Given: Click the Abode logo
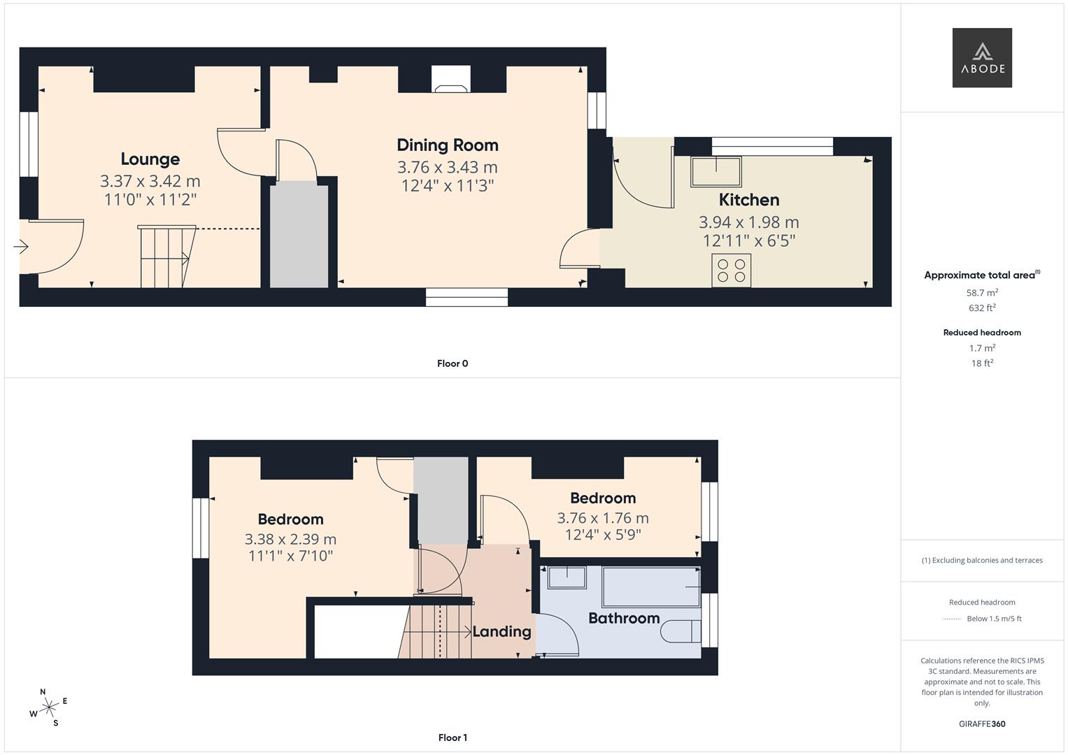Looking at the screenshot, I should pyautogui.click(x=982, y=57).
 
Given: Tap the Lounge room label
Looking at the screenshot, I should pyautogui.click(x=150, y=159).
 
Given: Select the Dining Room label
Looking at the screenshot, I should pyautogui.click(x=448, y=145).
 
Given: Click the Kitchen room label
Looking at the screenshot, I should pyautogui.click(x=748, y=200).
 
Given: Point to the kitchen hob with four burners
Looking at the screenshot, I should pyautogui.click(x=732, y=271).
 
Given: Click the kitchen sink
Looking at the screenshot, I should pyautogui.click(x=715, y=172).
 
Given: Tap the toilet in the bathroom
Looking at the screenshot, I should pyautogui.click(x=681, y=631).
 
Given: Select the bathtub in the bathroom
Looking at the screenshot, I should pyautogui.click(x=650, y=587).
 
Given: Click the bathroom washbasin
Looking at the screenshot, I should pyautogui.click(x=567, y=577).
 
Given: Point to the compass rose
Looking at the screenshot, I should pyautogui.click(x=48, y=707).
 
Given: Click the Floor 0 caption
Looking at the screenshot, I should pyautogui.click(x=453, y=364).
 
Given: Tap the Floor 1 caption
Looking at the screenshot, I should pyautogui.click(x=453, y=738).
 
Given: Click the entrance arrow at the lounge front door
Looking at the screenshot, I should pyautogui.click(x=20, y=247).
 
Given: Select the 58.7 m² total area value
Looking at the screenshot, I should pyautogui.click(x=982, y=293).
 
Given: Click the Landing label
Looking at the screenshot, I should pyautogui.click(x=501, y=632).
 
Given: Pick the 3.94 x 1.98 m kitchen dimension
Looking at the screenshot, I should pyautogui.click(x=748, y=222).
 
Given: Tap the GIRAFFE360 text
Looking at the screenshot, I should pyautogui.click(x=982, y=724).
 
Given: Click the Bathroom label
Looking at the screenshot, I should pyautogui.click(x=624, y=618).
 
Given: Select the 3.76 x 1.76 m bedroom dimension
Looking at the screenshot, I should pyautogui.click(x=602, y=518).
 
